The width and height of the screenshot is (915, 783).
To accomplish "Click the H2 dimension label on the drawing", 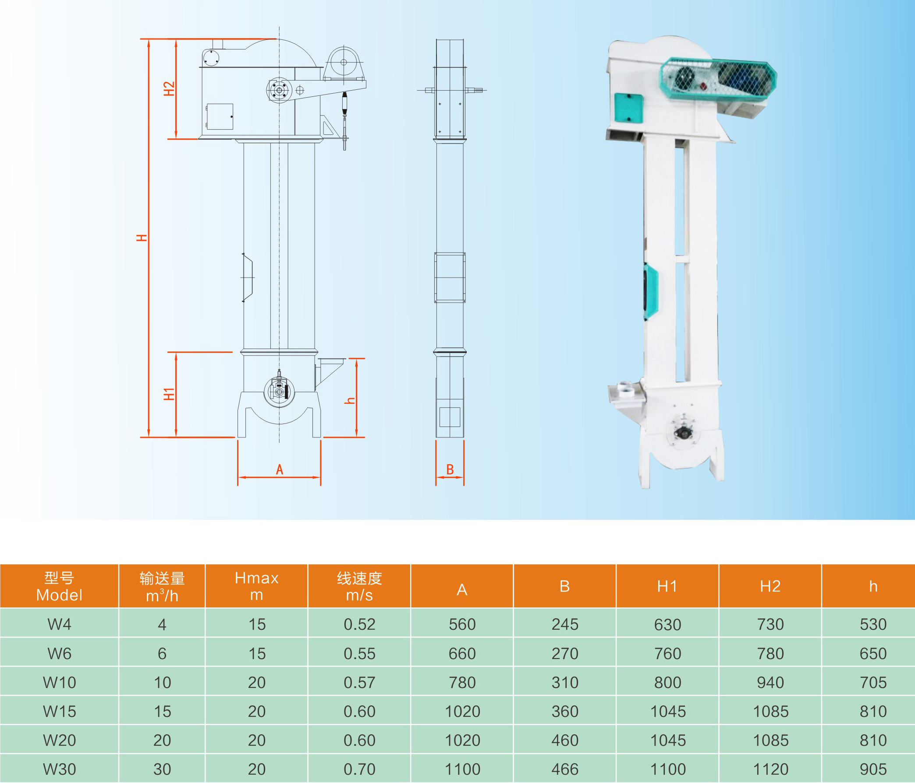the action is [169, 89].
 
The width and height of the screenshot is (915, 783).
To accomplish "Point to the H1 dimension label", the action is [169, 394].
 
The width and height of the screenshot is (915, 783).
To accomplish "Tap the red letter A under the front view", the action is [279, 469].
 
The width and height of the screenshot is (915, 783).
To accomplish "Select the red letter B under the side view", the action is [450, 469].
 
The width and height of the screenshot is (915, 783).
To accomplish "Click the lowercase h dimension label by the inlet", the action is [350, 401].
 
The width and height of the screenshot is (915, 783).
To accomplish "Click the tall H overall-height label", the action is [142, 238].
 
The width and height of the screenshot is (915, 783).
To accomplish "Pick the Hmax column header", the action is [256, 586].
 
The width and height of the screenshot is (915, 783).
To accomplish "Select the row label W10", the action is [60, 683].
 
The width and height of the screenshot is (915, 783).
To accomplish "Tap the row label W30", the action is [60, 769].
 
